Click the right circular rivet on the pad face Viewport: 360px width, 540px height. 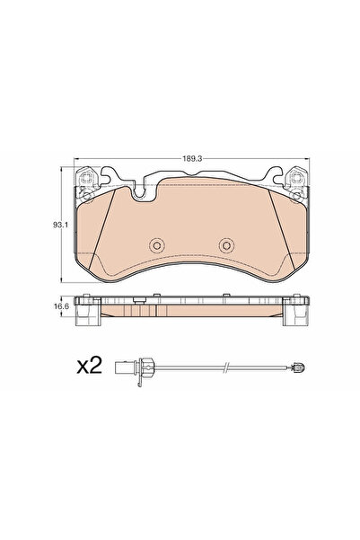[x=227, y=244]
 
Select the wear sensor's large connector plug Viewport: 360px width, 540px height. [x=138, y=367]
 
